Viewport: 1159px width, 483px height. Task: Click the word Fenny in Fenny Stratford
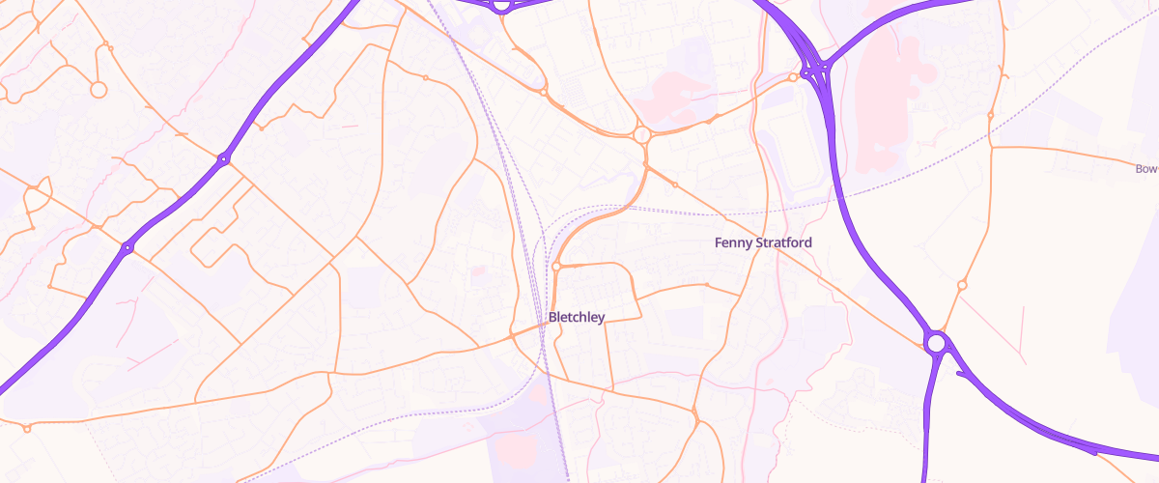733,242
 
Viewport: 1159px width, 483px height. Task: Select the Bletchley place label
576,317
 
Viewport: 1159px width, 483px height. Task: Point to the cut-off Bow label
1146,169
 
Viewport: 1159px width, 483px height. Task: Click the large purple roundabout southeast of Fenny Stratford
935,342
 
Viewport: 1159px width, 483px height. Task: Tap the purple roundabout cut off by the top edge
500,5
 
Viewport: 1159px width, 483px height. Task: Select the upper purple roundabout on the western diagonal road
223,158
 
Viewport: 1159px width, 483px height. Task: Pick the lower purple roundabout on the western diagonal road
127,248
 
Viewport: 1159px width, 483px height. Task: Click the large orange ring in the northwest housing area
98,90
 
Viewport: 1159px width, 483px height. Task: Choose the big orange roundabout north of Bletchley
641,135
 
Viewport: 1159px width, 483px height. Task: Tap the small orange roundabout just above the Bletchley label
557,266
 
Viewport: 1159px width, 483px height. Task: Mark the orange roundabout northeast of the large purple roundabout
962,285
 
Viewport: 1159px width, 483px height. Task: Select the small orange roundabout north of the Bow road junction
991,115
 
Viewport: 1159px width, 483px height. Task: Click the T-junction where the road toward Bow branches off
992,147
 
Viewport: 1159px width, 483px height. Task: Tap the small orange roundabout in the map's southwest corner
27,428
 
